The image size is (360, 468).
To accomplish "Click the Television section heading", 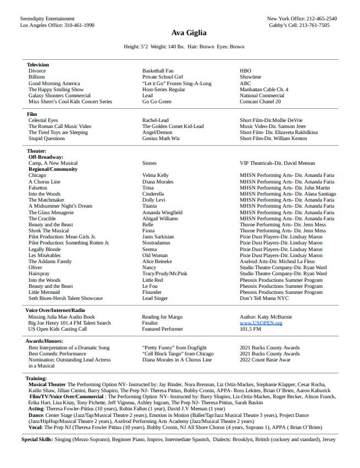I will [x=38, y=65].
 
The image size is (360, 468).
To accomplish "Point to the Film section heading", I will [x=32, y=114].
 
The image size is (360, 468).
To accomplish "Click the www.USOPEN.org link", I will [x=261, y=323].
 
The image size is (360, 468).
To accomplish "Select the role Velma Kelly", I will [x=155, y=175].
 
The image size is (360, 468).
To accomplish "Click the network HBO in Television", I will [x=245, y=71].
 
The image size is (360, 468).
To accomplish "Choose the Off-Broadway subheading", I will [x=46, y=157].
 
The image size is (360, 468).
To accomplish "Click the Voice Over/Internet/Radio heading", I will [x=55, y=310].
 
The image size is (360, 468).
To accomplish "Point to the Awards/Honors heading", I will [x=44, y=341].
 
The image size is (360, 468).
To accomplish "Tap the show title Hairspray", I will [x=39, y=274].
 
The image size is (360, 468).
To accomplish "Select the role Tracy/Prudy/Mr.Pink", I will [x=165, y=274].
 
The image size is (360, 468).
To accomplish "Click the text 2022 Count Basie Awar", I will [x=265, y=360].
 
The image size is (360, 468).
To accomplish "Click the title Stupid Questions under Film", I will [x=47, y=138].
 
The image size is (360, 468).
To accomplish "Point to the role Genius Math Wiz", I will [x=161, y=138].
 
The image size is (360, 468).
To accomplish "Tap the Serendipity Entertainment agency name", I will [x=47, y=19].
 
